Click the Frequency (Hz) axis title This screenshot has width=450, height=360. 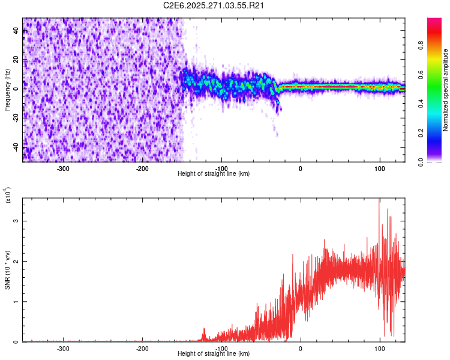pyautogui.click(x=8, y=89)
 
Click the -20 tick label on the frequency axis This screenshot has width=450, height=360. pyautogui.click(x=15, y=118)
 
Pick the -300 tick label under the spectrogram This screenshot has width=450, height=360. pyautogui.click(x=63, y=168)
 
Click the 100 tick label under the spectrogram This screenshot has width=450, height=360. pyautogui.click(x=379, y=168)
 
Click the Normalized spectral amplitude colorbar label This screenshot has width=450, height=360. pyautogui.click(x=446, y=90)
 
